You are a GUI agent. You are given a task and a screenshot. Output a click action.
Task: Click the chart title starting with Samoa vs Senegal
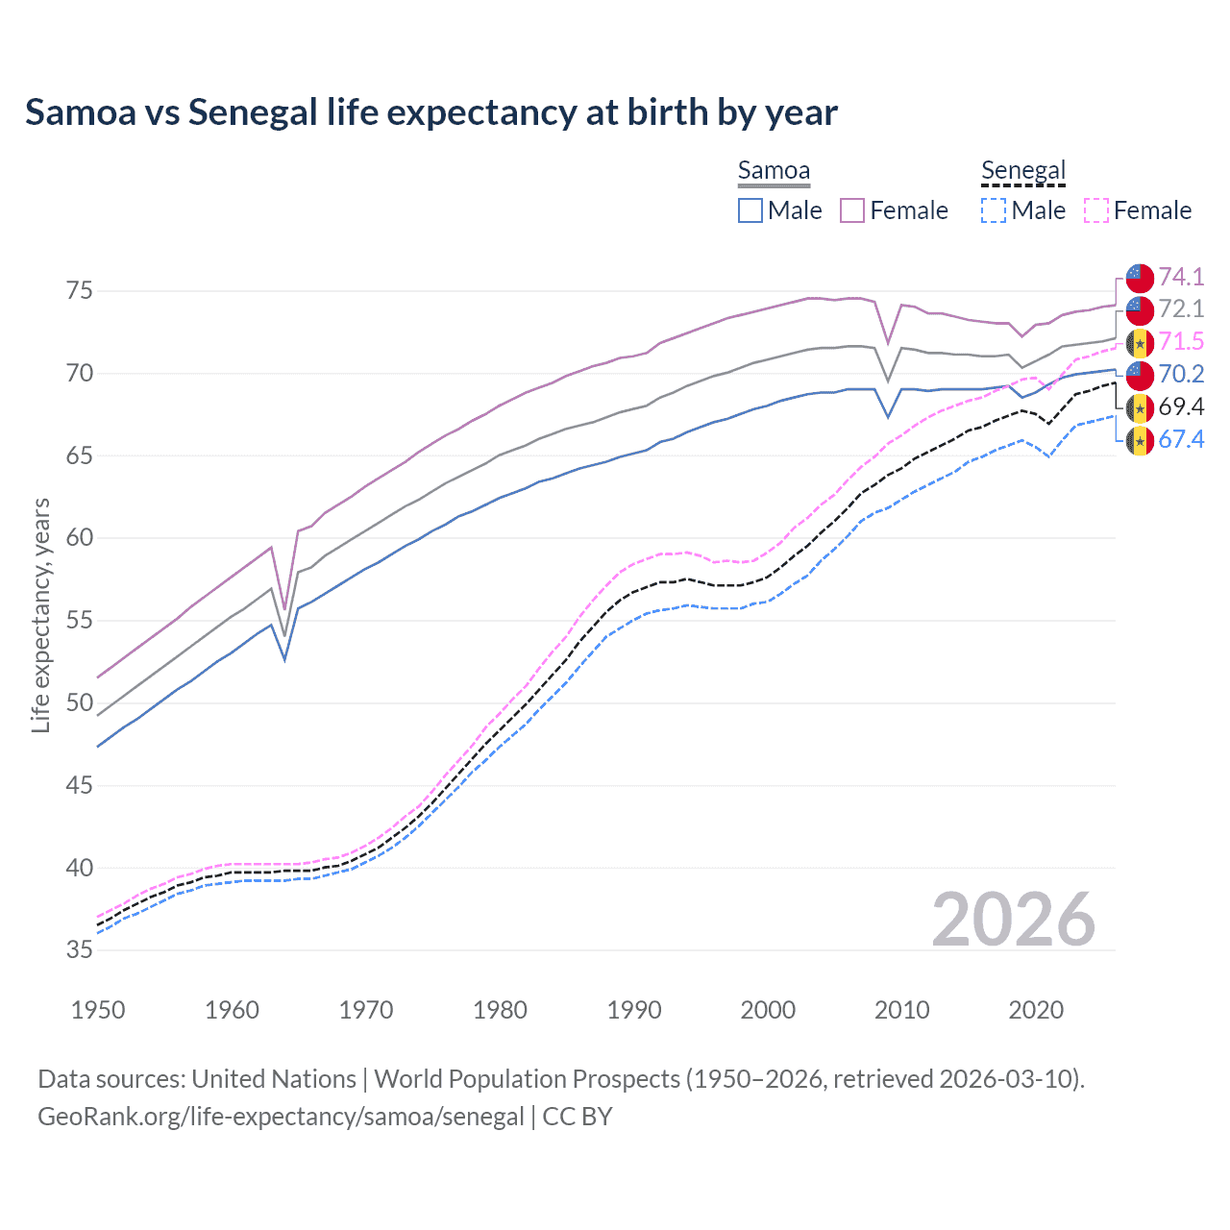coord(431,112)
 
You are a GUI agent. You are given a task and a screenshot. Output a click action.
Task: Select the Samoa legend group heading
coord(774,170)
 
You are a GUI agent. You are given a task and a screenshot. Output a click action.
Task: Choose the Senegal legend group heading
coord(1023,170)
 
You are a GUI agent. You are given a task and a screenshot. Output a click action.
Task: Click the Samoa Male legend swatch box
coord(750,210)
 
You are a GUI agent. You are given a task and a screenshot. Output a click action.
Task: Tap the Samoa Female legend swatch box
coord(852,210)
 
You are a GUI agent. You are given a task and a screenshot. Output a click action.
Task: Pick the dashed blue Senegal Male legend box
coord(994,210)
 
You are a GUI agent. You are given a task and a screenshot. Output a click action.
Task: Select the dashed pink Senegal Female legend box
coord(1096,210)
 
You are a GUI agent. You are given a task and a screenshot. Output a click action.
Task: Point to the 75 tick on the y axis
coord(80,290)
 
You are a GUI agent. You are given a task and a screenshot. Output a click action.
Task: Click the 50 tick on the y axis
coord(80,702)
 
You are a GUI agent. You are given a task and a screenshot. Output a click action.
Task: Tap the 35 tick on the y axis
coord(80,949)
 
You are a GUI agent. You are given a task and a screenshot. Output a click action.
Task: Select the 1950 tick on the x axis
coord(98,1010)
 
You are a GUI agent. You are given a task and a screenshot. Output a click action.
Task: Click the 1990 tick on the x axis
coord(634,1010)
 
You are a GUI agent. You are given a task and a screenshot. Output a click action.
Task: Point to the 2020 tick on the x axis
coord(1036,1010)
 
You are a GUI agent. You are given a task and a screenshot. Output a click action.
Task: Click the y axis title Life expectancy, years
coord(40,615)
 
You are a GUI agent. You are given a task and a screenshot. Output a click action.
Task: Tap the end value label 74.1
coord(1181,277)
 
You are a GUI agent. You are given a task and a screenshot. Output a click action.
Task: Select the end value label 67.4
coord(1181,440)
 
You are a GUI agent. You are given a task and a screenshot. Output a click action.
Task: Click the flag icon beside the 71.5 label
coord(1140,342)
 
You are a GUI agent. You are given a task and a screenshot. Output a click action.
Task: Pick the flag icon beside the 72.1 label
coord(1140,309)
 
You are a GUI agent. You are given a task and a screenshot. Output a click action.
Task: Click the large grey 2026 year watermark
coord(1013,920)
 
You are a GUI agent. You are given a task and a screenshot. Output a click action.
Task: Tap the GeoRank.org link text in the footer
coord(281,1117)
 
